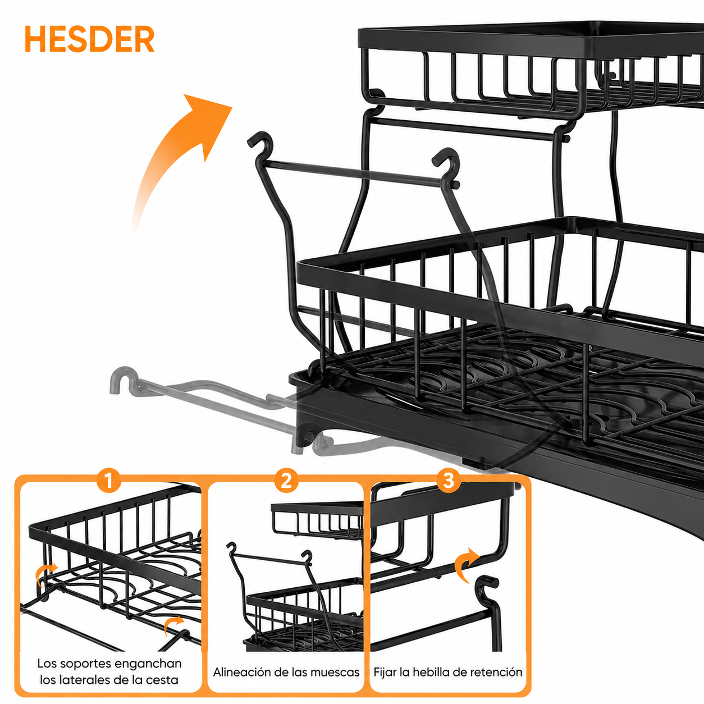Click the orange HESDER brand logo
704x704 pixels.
coord(89,39)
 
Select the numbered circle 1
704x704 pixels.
coord(109,481)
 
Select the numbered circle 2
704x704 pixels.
coord(286,481)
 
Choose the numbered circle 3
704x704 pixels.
coord(449,481)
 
